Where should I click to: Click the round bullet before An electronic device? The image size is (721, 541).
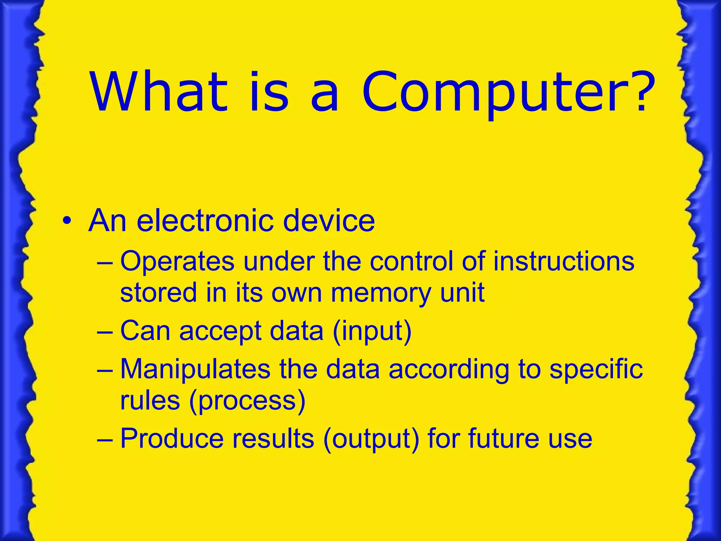(67, 222)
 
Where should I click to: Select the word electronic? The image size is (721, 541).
(205, 221)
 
